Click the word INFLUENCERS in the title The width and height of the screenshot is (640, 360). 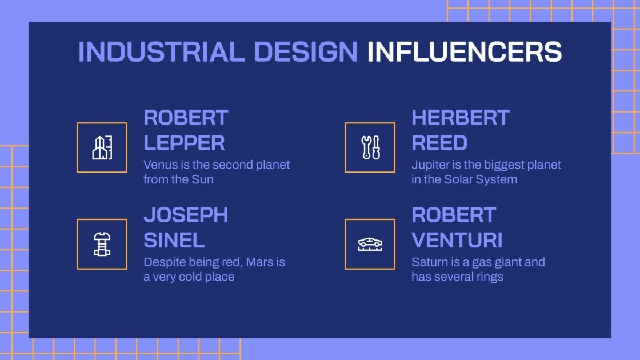464,52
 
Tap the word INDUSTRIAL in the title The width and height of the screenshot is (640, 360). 161,52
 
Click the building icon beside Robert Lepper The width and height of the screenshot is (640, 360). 102,147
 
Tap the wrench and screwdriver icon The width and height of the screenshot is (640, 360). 370,147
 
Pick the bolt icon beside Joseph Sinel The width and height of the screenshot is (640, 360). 102,244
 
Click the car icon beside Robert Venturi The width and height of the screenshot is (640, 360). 370,244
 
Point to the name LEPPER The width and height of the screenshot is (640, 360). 184,142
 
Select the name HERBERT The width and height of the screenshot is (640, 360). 460,118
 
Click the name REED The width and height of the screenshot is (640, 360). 439,142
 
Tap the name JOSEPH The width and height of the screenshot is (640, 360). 186,215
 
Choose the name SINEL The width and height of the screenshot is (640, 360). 174,240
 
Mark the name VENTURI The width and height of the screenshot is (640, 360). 457,240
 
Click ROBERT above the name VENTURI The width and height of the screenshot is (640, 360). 454,215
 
